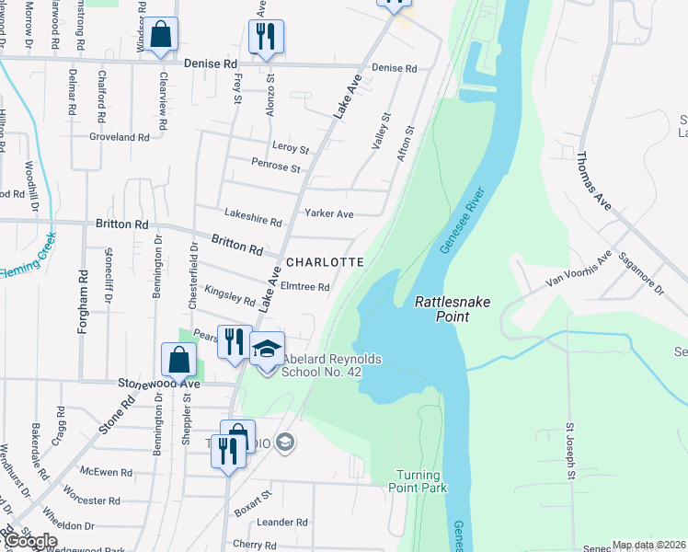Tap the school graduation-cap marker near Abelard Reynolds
click(267, 350)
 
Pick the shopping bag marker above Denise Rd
click(161, 35)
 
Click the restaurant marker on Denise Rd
click(266, 37)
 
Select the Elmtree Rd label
click(304, 287)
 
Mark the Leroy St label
click(291, 147)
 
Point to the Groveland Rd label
click(119, 137)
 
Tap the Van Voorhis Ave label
click(579, 268)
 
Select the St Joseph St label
click(570, 451)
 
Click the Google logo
click(30, 541)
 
